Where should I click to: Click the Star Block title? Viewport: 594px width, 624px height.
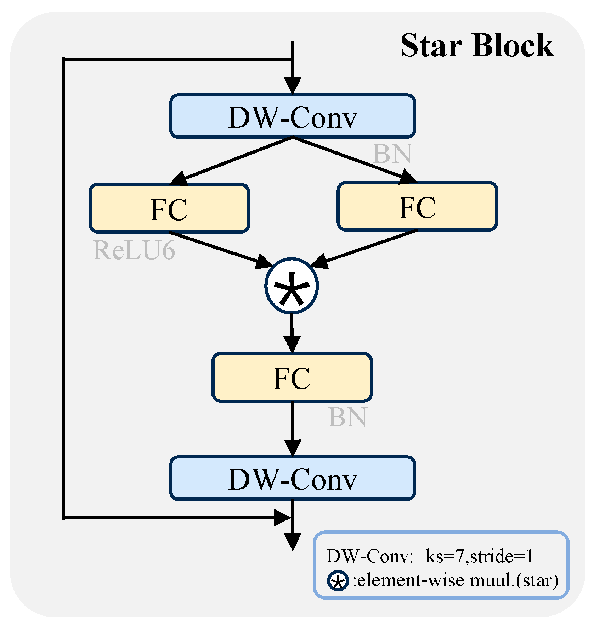477,45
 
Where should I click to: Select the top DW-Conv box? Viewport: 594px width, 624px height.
293,116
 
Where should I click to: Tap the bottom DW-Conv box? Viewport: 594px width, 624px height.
293,478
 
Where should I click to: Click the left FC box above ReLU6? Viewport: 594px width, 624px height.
169,208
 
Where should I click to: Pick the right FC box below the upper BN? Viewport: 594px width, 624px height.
418,206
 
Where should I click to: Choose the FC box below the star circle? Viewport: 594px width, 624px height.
292,377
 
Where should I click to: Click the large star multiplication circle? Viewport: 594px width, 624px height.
292,286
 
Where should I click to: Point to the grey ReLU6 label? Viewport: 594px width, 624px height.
134,250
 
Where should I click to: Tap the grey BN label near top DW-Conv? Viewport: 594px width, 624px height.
392,154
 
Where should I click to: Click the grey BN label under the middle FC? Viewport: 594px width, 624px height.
347,417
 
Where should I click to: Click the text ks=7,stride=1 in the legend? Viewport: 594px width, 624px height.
479,556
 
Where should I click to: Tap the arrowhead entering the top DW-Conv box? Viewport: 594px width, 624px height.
293,85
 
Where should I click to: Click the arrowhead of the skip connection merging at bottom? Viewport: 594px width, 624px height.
283,518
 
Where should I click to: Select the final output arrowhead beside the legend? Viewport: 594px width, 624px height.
293,542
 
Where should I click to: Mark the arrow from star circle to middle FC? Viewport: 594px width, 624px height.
292,333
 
